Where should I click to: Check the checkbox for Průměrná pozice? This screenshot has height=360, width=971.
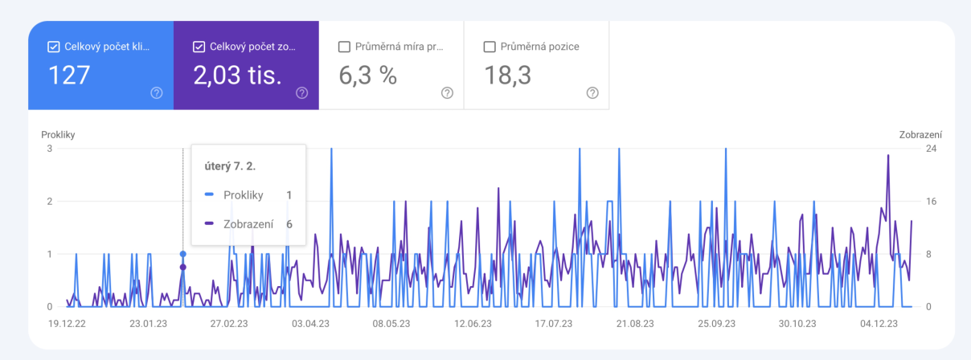tap(490, 47)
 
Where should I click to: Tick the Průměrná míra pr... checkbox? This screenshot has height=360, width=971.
tap(344, 47)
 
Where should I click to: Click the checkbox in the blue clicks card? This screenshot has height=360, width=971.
tap(53, 47)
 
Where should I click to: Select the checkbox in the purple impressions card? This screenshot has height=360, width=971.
tap(199, 47)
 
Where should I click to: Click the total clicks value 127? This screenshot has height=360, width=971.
tap(69, 75)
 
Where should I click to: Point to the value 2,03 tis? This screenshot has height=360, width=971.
tap(238, 76)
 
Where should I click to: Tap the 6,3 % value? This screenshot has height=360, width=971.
tap(367, 76)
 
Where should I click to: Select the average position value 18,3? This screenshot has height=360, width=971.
tap(508, 76)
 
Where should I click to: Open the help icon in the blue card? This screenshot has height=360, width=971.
tap(157, 92)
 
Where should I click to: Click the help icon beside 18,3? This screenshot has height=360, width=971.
tap(592, 92)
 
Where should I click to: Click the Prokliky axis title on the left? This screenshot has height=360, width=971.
tap(58, 135)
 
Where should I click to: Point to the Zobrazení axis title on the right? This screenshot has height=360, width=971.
tap(920, 135)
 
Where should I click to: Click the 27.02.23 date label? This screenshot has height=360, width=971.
tap(229, 324)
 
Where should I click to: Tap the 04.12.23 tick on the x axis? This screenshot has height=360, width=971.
tap(879, 324)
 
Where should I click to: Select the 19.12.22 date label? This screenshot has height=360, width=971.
tap(67, 324)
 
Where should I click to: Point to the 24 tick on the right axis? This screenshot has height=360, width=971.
tap(931, 149)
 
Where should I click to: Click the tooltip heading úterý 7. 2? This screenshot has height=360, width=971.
tap(230, 166)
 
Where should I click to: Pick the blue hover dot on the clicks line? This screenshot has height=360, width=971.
tap(183, 254)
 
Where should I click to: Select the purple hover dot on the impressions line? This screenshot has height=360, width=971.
tap(183, 268)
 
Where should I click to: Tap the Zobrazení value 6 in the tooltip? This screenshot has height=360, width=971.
tap(289, 224)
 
